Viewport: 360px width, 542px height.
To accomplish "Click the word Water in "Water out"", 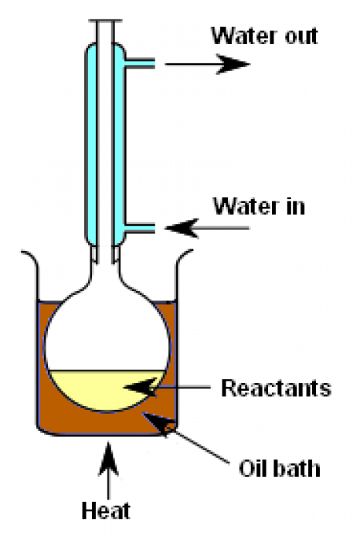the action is (244, 36).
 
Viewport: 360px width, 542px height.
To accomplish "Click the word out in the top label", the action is (301, 36).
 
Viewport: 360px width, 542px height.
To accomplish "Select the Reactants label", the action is (276, 388).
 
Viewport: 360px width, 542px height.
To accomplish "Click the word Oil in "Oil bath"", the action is (252, 469).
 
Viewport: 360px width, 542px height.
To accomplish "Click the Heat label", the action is (106, 510).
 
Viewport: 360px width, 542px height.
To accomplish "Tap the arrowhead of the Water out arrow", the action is (233, 64).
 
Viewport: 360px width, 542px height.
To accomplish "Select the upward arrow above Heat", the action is (109, 470).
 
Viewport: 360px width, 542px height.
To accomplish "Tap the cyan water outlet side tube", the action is (140, 64).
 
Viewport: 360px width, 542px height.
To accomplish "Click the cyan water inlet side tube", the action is (140, 228).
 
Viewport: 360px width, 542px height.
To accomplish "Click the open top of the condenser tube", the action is (105, 22).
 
